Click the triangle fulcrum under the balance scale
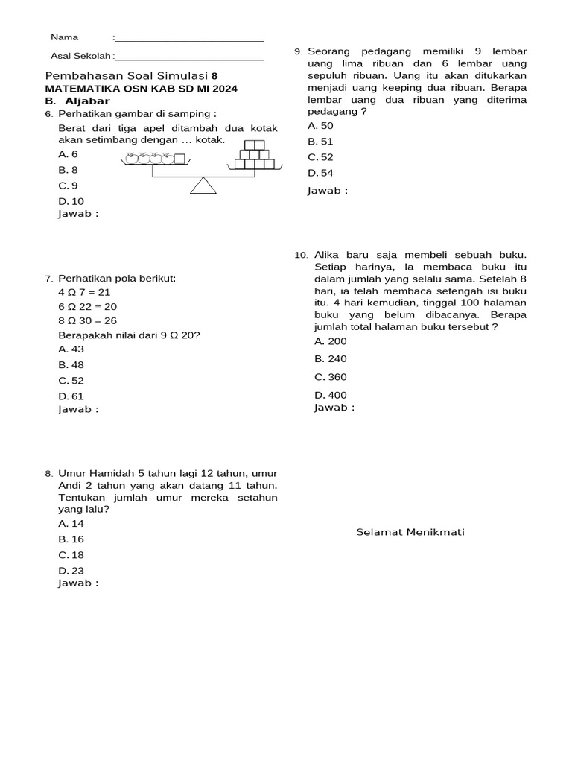click(x=203, y=186)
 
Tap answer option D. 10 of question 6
click(x=71, y=201)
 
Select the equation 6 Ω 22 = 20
click(x=88, y=307)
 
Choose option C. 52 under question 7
click(x=71, y=381)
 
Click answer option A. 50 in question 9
click(x=321, y=126)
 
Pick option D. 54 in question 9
click(x=321, y=173)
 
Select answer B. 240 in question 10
click(x=331, y=359)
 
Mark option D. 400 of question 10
click(x=331, y=395)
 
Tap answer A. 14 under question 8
click(x=71, y=524)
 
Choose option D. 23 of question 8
click(x=71, y=571)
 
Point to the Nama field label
click(x=64, y=37)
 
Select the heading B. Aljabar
click(x=77, y=101)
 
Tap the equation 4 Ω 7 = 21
click(x=84, y=293)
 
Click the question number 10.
click(x=301, y=256)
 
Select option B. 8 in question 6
click(x=69, y=170)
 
